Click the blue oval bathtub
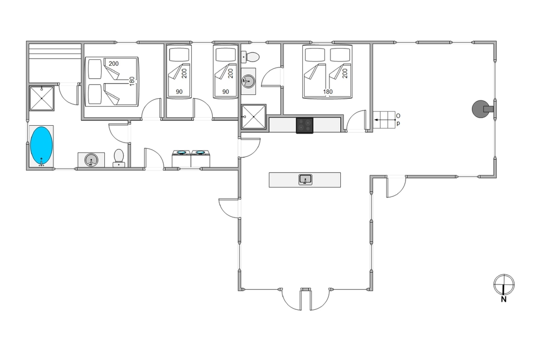pyautogui.click(x=42, y=146)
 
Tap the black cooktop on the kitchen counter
pyautogui.click(x=305, y=125)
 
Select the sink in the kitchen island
pyautogui.click(x=306, y=180)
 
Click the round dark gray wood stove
pyautogui.click(x=480, y=109)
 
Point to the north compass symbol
pyautogui.click(x=504, y=284)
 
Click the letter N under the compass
pyautogui.click(x=503, y=300)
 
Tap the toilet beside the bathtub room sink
pyautogui.click(x=119, y=158)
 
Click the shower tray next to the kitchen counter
pyautogui.click(x=254, y=117)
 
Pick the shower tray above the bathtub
pyautogui.click(x=42, y=98)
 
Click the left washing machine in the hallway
pyautogui.click(x=181, y=159)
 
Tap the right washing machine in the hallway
pyautogui.click(x=200, y=159)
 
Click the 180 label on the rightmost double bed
pyautogui.click(x=328, y=92)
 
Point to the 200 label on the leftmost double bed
pyautogui.click(x=113, y=64)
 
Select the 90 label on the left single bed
pyautogui.click(x=179, y=92)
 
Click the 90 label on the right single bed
pyautogui.click(x=226, y=92)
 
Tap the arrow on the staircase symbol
pyautogui.click(x=384, y=120)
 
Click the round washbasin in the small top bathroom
pyautogui.click(x=248, y=81)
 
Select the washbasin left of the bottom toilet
pyautogui.click(x=91, y=160)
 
